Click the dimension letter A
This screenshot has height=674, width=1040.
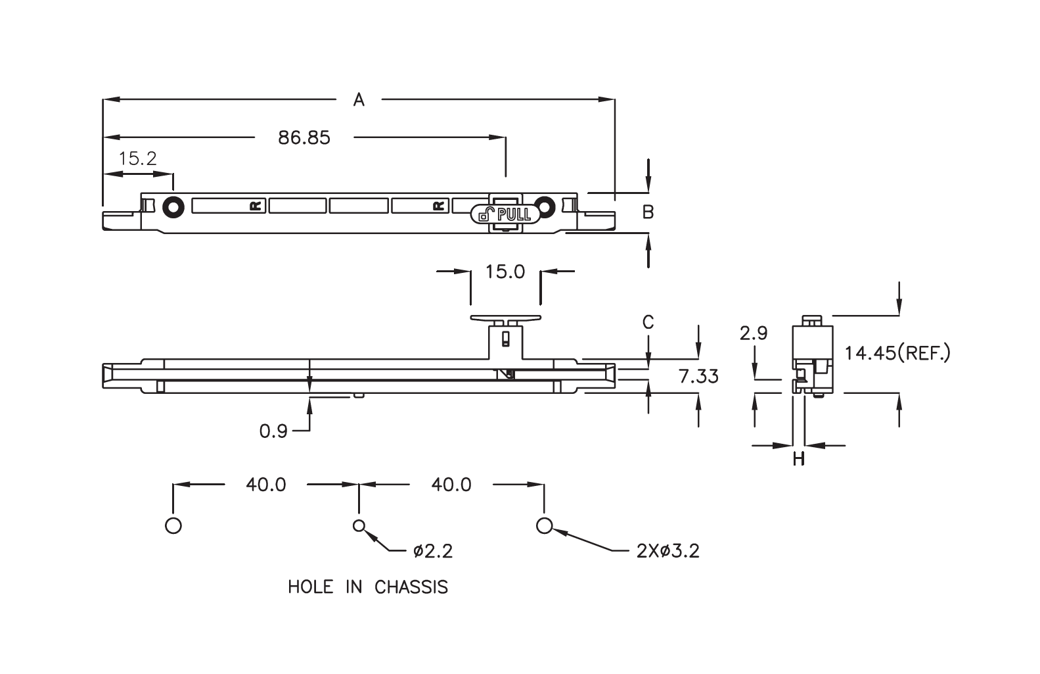359,99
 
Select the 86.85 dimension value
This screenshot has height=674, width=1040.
304,137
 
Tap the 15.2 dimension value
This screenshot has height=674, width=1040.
137,158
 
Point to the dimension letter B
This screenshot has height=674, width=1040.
648,212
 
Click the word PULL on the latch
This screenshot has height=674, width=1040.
514,214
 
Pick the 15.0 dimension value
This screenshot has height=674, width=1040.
505,272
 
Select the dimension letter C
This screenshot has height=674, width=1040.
648,322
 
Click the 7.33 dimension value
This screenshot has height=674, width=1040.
698,377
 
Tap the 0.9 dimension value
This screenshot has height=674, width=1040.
273,431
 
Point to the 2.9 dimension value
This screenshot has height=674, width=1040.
753,333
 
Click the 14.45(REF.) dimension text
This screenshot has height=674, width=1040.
897,354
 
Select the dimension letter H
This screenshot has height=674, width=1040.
798,458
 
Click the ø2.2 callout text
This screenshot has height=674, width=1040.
433,551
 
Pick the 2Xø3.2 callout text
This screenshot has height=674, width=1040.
667,551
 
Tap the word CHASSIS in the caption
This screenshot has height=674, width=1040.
411,587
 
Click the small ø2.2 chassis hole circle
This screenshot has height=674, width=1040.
359,525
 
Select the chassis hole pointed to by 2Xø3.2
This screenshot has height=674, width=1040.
543,525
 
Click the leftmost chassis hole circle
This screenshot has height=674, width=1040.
173,525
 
